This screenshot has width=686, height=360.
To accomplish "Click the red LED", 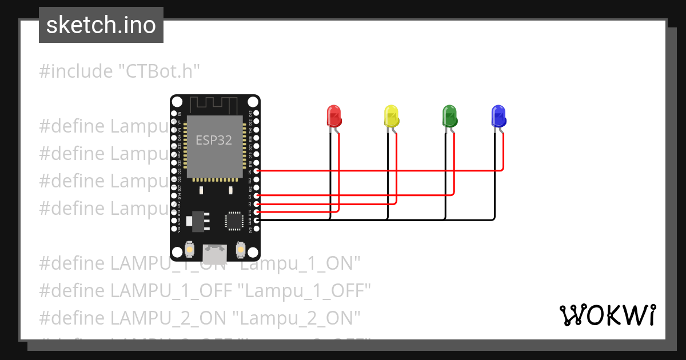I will (334, 116).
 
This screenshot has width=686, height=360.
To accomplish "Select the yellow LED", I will (391, 116).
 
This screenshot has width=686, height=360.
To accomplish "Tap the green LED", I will (449, 116).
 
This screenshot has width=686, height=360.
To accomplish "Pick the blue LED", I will (498, 116).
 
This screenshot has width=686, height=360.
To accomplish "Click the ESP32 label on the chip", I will (214, 140).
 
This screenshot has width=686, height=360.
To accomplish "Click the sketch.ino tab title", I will (101, 25).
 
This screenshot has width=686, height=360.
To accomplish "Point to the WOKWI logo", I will (607, 315).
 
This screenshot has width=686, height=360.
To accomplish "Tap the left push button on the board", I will (190, 250).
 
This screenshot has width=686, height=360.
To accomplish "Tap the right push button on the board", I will (240, 250).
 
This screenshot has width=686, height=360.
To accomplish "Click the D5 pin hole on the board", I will (257, 171).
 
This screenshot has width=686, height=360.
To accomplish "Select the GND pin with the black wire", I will (257, 220).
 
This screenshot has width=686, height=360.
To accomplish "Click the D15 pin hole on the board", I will (257, 212).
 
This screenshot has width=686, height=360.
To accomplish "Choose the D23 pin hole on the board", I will (257, 113).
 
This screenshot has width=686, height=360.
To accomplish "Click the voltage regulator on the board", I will (198, 220).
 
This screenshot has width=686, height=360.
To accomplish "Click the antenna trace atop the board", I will (214, 105).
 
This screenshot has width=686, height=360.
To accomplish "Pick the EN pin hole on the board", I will (174, 113).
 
